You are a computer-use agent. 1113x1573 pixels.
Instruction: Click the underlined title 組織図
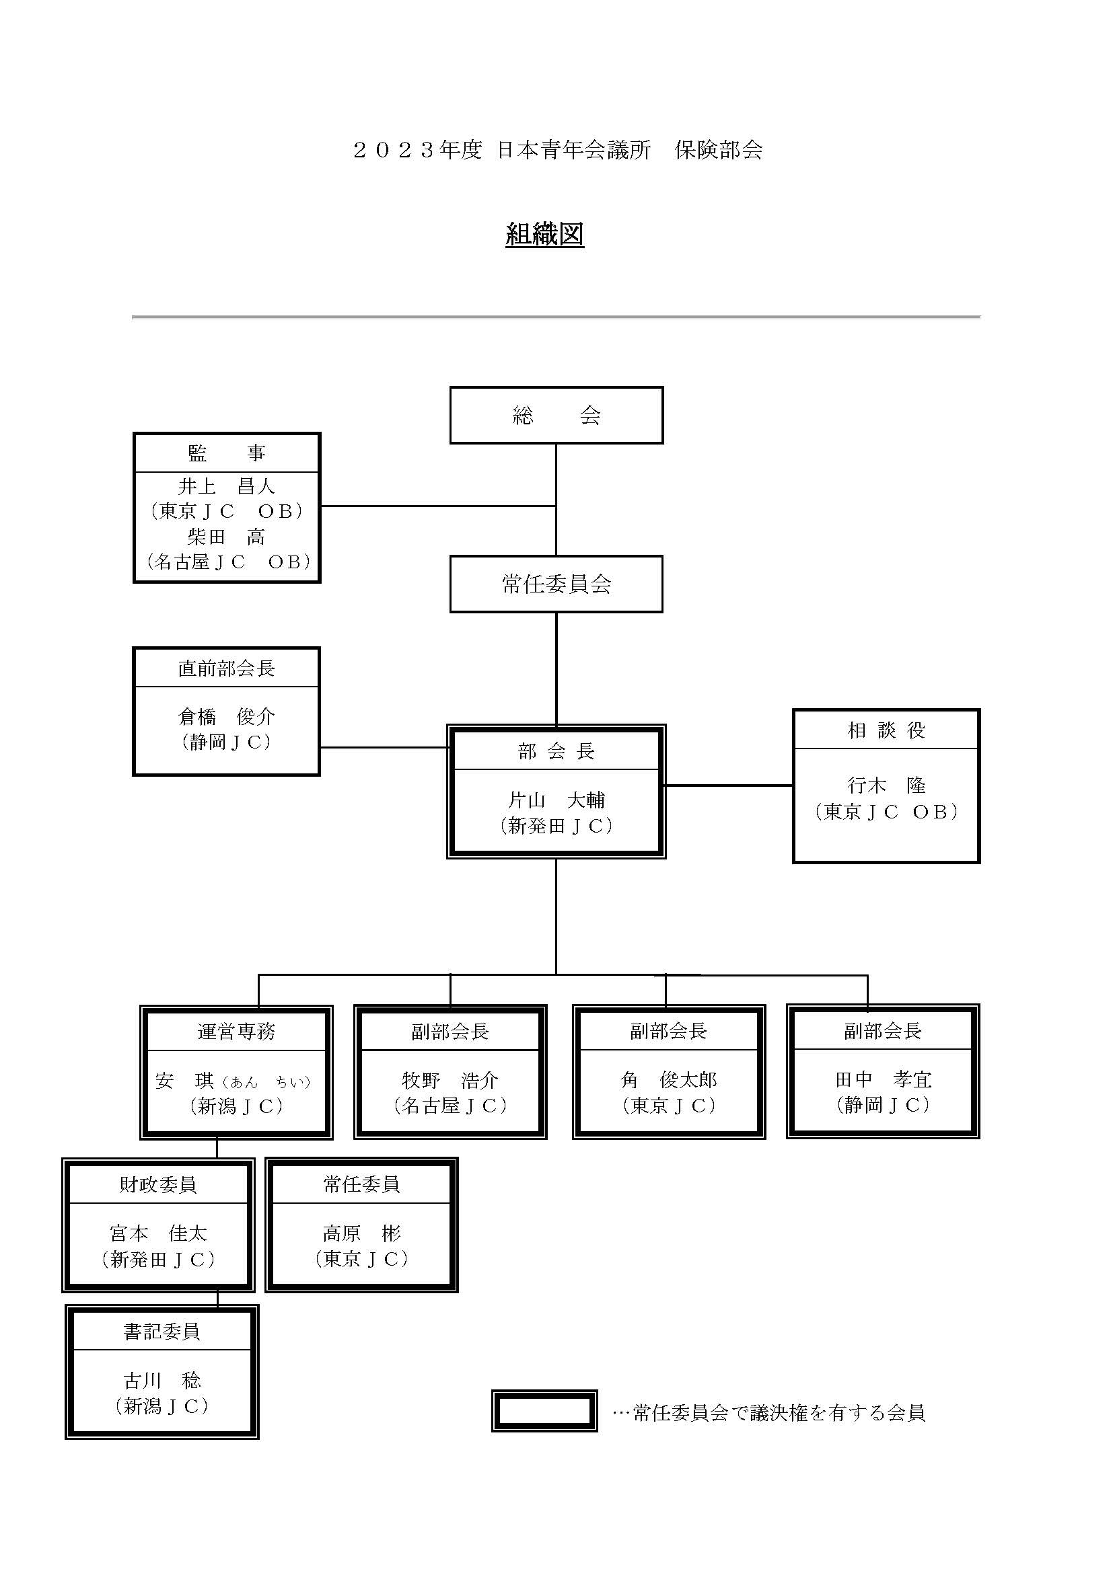click(545, 234)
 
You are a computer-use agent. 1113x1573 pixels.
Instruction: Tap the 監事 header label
click(227, 453)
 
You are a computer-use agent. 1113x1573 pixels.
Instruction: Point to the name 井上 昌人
click(227, 486)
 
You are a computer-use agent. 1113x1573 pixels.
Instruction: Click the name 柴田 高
click(227, 537)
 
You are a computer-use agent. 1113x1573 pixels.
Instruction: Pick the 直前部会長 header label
click(227, 668)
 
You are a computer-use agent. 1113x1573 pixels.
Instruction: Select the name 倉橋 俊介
click(227, 717)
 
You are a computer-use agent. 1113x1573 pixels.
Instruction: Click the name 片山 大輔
click(556, 800)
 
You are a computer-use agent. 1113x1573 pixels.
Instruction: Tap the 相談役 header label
click(887, 730)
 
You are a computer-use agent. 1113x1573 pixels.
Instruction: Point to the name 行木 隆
click(887, 785)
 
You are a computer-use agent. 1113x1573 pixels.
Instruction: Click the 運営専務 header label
click(236, 1031)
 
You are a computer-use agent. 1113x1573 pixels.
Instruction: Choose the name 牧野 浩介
click(450, 1081)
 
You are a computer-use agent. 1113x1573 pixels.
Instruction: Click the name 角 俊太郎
click(669, 1081)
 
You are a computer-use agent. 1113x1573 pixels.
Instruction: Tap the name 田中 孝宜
click(884, 1080)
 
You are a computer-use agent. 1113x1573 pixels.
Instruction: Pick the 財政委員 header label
click(158, 1184)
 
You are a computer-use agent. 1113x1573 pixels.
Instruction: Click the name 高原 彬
click(362, 1234)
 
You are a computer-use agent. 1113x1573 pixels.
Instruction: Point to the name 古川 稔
click(162, 1381)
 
